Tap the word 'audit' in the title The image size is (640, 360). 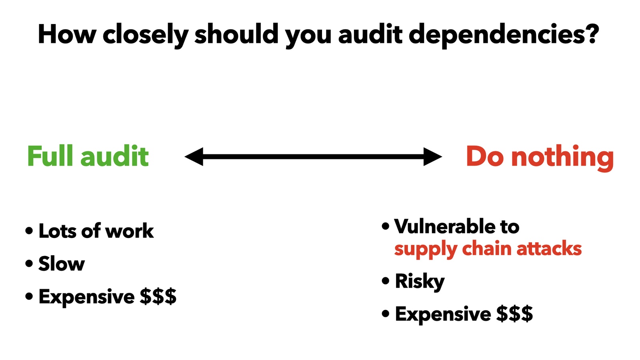(x=370, y=34)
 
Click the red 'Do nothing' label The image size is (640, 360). (x=540, y=157)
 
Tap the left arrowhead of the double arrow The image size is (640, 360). (x=194, y=156)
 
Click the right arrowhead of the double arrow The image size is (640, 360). (x=432, y=156)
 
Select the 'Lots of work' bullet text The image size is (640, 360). (x=96, y=230)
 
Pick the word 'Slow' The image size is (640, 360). (x=62, y=263)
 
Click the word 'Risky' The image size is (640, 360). (x=420, y=282)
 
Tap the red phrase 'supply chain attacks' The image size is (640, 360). (x=488, y=250)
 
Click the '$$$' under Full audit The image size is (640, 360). (x=158, y=296)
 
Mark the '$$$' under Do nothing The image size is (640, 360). (x=514, y=314)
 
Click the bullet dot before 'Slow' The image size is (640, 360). (x=29, y=263)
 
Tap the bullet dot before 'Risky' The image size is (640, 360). (x=386, y=281)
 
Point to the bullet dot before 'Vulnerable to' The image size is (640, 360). (x=386, y=226)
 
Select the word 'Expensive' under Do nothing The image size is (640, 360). (x=443, y=314)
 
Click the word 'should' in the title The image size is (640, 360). (x=236, y=34)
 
